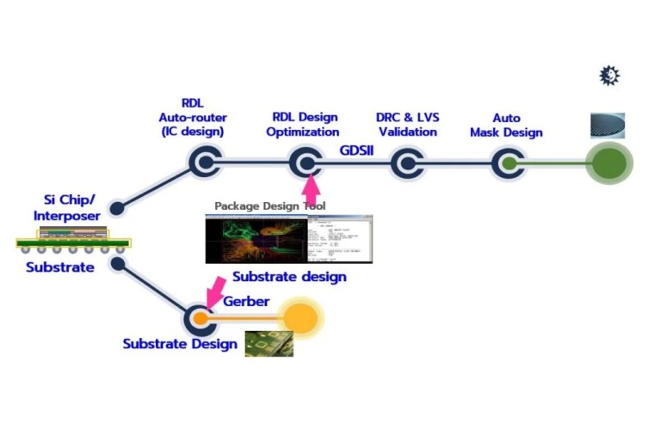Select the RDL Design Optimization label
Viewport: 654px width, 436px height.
point(305,125)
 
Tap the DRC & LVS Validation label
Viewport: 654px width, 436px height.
point(406,125)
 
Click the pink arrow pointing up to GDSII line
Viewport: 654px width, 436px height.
point(312,187)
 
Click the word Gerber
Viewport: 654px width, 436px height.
point(246,302)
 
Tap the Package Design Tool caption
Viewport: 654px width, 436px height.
point(269,206)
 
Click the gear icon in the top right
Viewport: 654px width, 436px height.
point(609,76)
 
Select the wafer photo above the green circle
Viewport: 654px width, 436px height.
point(608,126)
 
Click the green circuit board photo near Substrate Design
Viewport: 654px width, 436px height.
point(268,344)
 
